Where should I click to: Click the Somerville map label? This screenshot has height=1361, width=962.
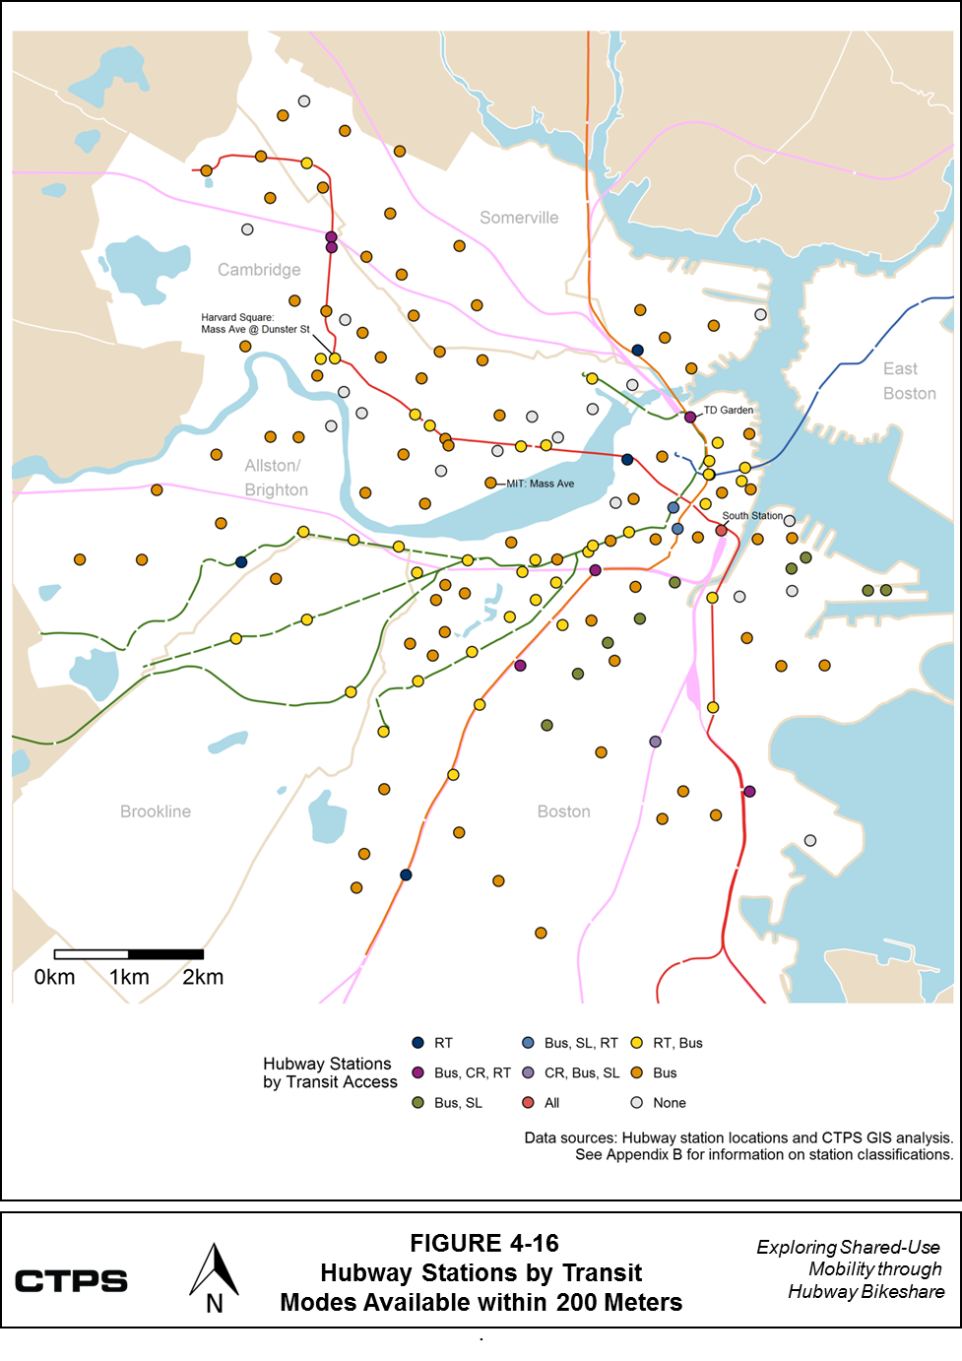click(x=519, y=218)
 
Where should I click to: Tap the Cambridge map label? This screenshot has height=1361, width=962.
click(x=259, y=270)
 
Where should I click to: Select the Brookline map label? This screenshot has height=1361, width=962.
click(x=156, y=811)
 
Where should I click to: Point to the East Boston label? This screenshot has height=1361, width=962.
click(x=908, y=381)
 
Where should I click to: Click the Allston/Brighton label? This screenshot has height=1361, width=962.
click(x=276, y=478)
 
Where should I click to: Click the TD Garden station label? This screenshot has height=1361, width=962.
click(x=729, y=410)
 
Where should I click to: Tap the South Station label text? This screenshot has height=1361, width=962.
click(x=752, y=515)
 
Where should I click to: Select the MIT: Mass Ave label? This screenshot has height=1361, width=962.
click(x=540, y=484)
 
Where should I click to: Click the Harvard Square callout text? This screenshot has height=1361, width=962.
click(x=255, y=323)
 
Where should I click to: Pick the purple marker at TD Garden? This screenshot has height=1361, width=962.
click(x=690, y=418)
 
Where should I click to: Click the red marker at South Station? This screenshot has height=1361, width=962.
click(x=721, y=531)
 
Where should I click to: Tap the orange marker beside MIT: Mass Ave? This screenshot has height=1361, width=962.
click(x=490, y=483)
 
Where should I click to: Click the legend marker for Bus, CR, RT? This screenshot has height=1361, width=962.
click(x=417, y=1072)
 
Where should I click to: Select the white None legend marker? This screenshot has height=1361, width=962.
click(x=637, y=1103)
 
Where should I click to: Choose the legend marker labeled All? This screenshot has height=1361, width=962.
click(x=528, y=1103)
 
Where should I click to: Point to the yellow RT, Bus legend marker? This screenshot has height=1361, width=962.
click(x=637, y=1043)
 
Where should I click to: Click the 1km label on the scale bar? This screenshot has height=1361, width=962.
click(x=129, y=977)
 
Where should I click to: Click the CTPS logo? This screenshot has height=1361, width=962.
click(x=71, y=1281)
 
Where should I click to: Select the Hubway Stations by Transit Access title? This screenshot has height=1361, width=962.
click(x=329, y=1072)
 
